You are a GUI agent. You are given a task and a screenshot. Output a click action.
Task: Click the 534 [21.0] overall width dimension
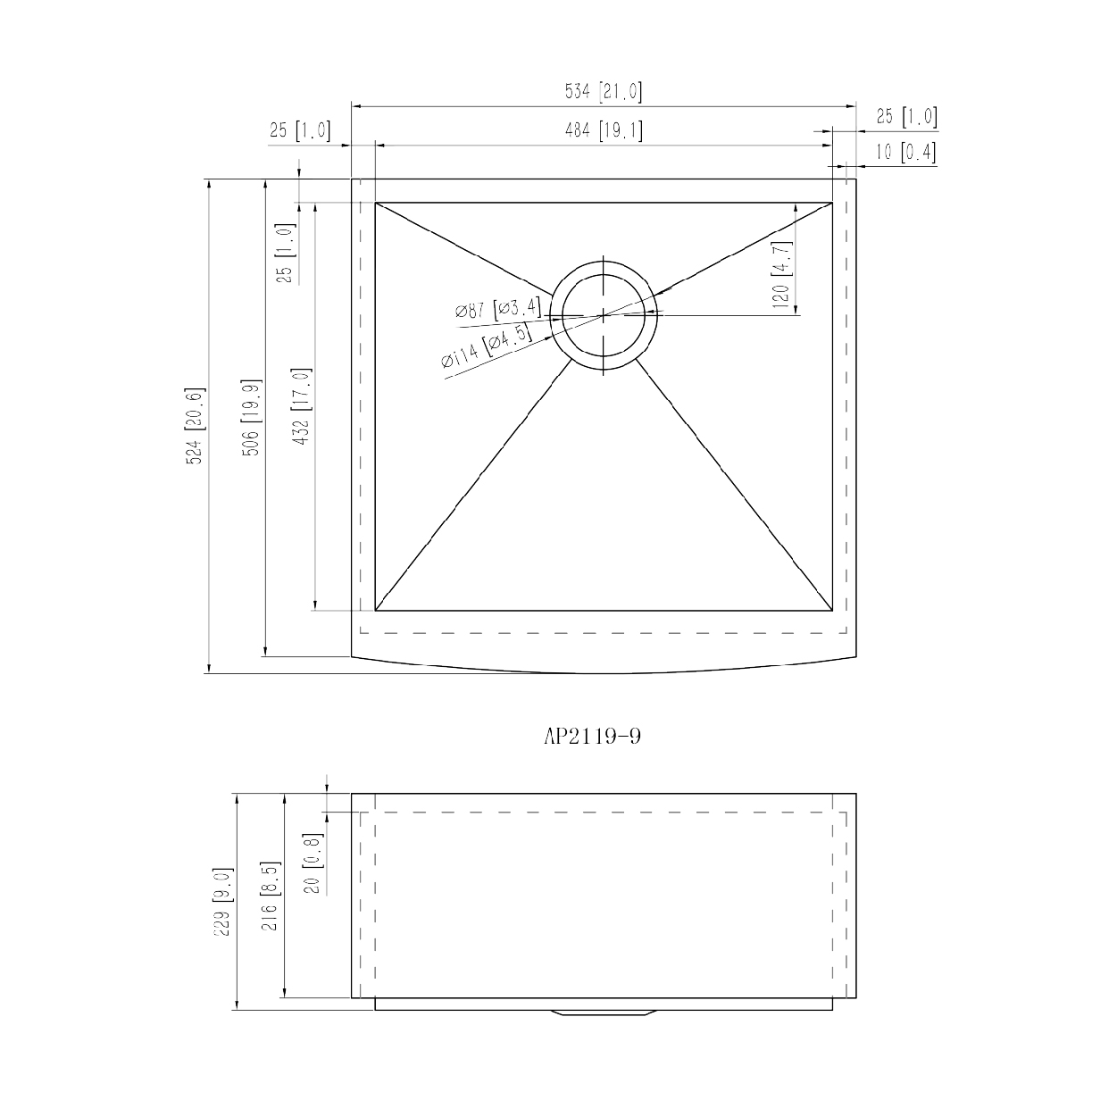[603, 92]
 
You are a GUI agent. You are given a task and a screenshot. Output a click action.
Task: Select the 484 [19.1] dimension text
[603, 131]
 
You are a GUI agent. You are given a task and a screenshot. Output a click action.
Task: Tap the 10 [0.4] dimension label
[904, 153]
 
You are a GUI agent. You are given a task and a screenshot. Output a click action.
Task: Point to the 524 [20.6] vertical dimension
[196, 425]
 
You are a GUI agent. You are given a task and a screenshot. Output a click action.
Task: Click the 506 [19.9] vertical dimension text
[253, 418]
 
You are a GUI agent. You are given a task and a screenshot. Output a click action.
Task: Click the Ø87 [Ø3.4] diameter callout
[497, 309]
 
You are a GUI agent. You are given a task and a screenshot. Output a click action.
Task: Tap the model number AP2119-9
[592, 737]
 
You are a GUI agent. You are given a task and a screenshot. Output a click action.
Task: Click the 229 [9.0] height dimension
[223, 901]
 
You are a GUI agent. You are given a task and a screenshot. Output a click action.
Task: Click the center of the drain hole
[604, 314]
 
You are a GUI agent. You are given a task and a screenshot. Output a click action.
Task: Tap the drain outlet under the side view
[604, 1013]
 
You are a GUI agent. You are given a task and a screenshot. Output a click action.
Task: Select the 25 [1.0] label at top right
[905, 116]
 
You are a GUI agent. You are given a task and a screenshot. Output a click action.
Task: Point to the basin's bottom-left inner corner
[375, 611]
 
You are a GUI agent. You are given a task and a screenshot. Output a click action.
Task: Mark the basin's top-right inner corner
[832, 203]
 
